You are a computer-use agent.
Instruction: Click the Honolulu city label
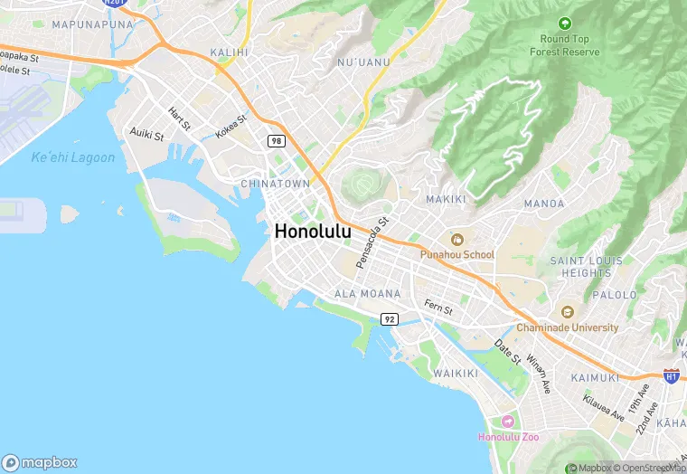(x=313, y=232)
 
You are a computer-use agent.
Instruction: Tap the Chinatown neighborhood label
(x=275, y=184)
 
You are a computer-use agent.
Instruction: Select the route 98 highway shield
(x=276, y=140)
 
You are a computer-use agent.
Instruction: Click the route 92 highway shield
(x=390, y=319)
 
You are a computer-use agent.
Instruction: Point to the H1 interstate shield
(x=671, y=374)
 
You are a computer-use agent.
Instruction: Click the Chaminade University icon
(x=567, y=312)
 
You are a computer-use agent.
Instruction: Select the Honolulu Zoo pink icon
(x=508, y=422)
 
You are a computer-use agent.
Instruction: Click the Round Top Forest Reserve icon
(x=565, y=24)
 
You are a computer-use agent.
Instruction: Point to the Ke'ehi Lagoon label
(x=73, y=157)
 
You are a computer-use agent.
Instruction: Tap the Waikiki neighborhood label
(x=455, y=373)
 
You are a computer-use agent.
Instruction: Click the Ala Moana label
(x=367, y=294)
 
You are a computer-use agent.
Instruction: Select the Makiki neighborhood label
(x=444, y=199)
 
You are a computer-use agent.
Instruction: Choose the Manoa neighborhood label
(x=543, y=204)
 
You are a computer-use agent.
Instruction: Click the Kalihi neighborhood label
(x=229, y=52)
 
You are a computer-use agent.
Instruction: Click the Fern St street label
(x=438, y=309)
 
